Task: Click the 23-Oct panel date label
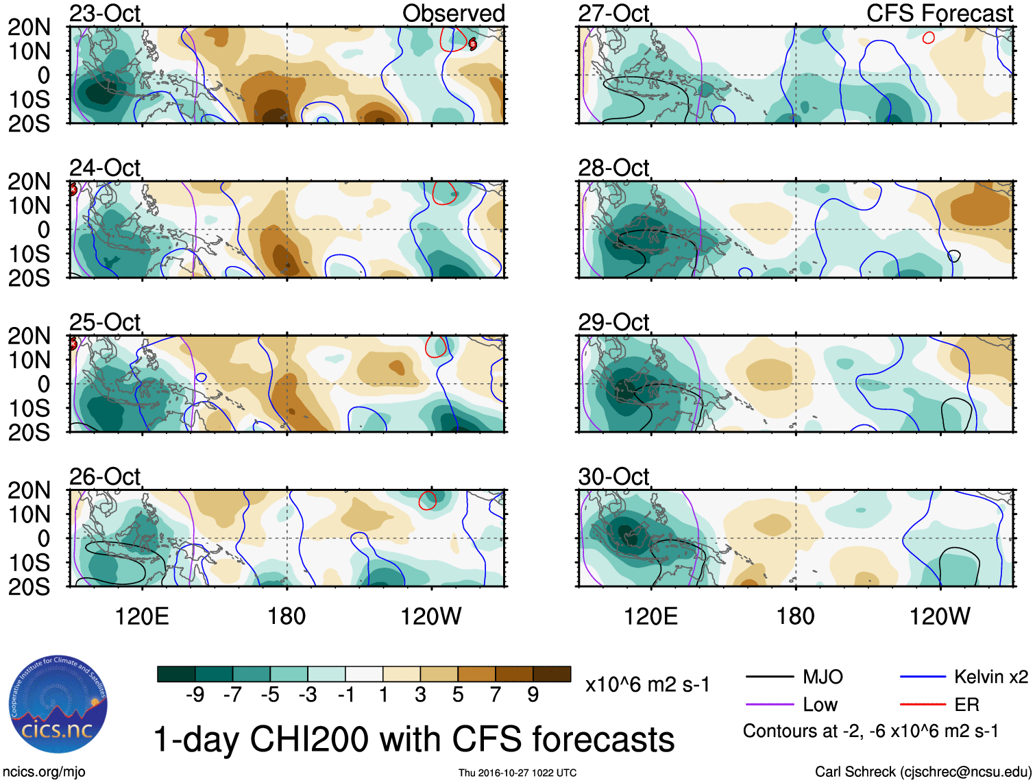tap(105, 13)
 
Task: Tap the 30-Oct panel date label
tap(613, 476)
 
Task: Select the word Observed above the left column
tap(453, 13)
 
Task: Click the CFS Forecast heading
tap(939, 13)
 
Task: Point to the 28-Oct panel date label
tap(613, 167)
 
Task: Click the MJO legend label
tap(823, 677)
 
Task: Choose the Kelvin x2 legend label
tap(990, 677)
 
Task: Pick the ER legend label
tap(966, 705)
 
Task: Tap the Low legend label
tap(820, 705)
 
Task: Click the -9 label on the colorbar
tap(195, 695)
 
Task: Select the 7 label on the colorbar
tap(496, 695)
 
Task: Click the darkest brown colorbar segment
tap(552, 674)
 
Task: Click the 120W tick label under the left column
tap(431, 616)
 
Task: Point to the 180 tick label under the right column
tap(795, 616)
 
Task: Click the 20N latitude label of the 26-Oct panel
tap(29, 490)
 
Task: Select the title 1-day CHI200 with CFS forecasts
tap(413, 739)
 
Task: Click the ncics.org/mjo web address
tap(44, 772)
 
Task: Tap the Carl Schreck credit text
tap(923, 772)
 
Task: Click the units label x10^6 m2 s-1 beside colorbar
tap(647, 684)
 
